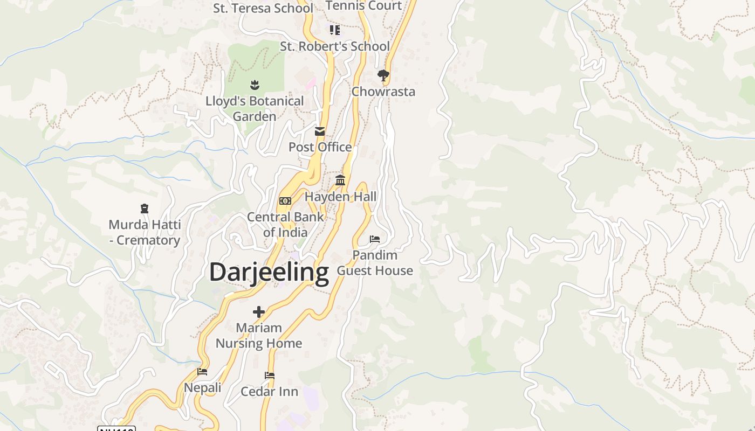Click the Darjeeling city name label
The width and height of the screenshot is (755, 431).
tap(269, 272)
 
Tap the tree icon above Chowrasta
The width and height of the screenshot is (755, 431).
tap(383, 75)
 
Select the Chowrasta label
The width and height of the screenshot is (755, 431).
tap(383, 92)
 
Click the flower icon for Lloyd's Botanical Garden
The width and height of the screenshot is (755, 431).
tap(255, 85)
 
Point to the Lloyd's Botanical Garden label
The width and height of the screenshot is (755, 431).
tap(255, 108)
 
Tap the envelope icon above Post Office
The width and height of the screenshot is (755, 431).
tap(320, 131)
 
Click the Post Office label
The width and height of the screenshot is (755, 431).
tap(320, 147)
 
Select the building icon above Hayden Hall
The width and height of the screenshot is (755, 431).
tap(340, 180)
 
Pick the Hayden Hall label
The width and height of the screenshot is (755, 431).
tap(340, 197)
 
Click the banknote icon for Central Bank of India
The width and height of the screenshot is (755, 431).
tap(285, 201)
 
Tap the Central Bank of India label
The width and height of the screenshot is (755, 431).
tap(285, 225)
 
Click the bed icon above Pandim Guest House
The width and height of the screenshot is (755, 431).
tap(375, 239)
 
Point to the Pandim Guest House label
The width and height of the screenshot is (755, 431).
tap(375, 263)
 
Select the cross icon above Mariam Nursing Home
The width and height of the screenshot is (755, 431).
tap(259, 311)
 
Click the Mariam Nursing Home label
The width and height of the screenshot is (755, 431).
tap(259, 335)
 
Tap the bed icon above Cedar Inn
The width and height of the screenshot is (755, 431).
tap(270, 375)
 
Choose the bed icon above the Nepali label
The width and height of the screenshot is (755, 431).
tap(202, 371)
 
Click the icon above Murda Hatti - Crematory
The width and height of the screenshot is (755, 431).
tap(145, 208)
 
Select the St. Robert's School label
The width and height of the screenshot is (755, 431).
tap(334, 46)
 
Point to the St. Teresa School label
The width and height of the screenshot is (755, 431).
tap(263, 8)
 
